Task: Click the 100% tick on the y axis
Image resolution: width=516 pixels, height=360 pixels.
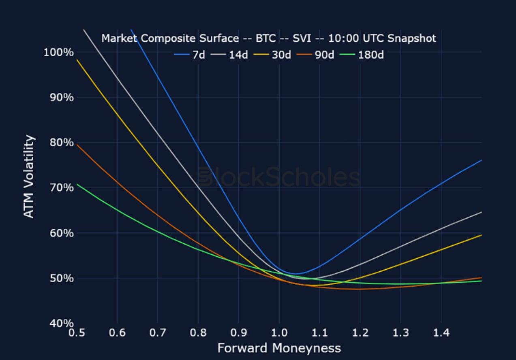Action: (x=58, y=52)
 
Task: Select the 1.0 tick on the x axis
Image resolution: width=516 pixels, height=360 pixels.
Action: (x=279, y=333)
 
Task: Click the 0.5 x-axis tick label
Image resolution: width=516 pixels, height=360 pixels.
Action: (x=77, y=333)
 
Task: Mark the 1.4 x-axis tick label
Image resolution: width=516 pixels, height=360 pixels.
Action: (x=441, y=333)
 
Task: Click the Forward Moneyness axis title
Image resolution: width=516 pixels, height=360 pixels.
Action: (x=279, y=348)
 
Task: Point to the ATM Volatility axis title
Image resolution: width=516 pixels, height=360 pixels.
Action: (x=29, y=177)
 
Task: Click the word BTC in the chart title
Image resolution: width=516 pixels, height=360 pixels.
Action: (x=265, y=38)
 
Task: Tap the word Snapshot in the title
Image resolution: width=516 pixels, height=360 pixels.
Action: (x=411, y=38)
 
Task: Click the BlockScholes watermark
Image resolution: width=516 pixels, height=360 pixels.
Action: (x=279, y=178)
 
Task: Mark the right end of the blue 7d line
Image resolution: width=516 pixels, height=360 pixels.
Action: (x=481, y=160)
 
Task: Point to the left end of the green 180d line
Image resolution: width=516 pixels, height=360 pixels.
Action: (x=77, y=184)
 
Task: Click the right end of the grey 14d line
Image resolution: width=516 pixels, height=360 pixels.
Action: (x=481, y=212)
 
